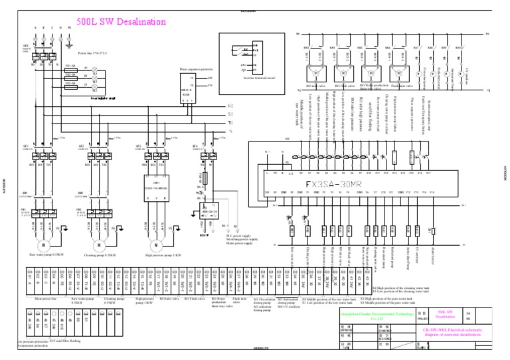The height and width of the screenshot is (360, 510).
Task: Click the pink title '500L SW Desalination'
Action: pyautogui.click(x=121, y=22)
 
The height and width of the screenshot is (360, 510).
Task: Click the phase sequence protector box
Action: pyautogui.click(x=187, y=82)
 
